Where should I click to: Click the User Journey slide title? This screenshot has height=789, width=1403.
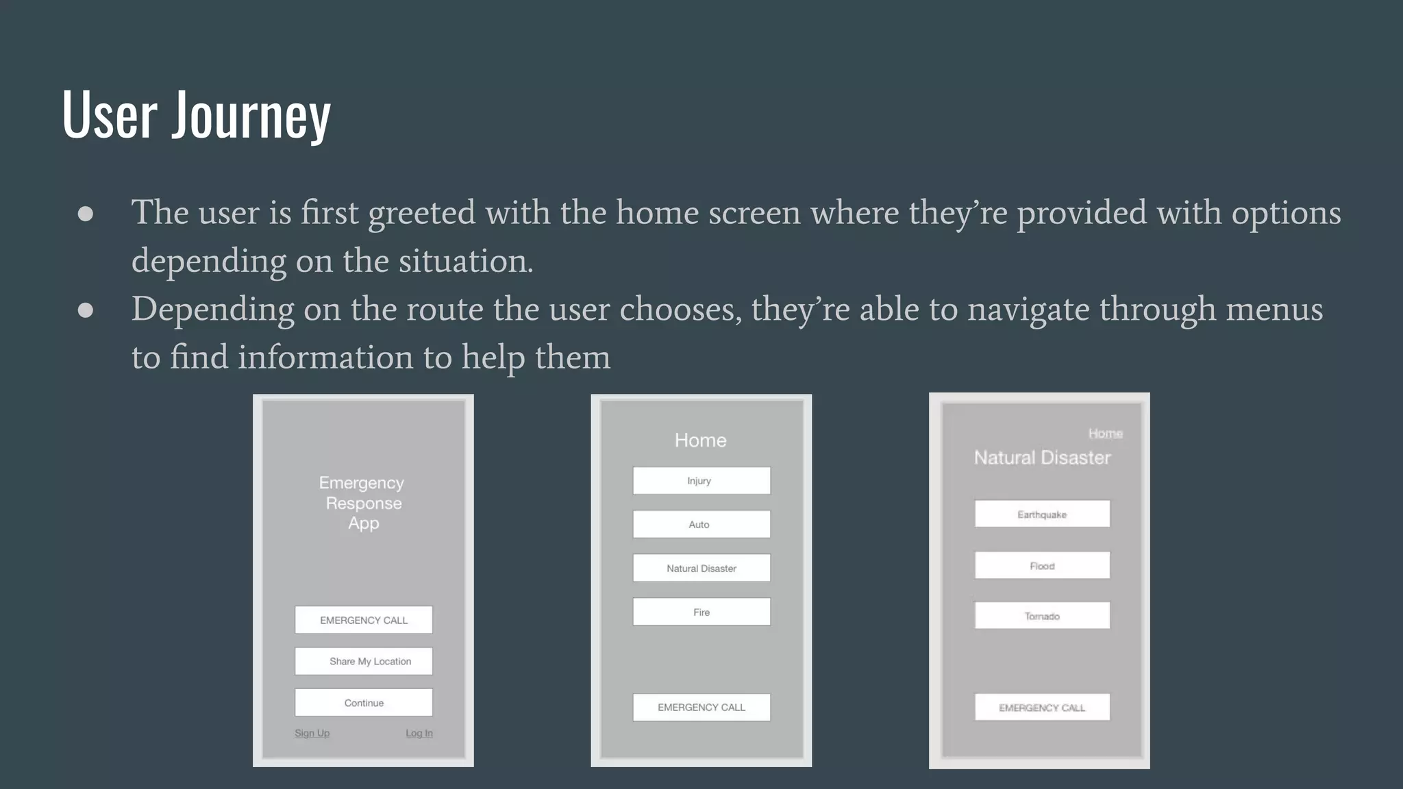point(196,114)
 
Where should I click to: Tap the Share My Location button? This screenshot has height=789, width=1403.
point(364,661)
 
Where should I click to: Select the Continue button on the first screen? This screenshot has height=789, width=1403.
point(364,703)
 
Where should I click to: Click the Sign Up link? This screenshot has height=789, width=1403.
point(312,733)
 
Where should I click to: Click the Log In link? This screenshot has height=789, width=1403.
point(419,733)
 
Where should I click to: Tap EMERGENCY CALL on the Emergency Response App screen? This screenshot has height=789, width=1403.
point(364,620)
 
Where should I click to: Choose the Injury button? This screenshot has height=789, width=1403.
point(701,481)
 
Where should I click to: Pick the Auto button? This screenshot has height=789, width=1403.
point(701,525)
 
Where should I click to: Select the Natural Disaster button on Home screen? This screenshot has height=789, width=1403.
point(701,568)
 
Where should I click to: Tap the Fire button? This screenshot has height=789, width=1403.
point(701,612)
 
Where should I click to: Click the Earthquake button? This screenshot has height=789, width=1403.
point(1042,514)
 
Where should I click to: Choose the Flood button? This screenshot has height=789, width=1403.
point(1042,566)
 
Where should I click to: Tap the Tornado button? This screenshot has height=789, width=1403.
point(1042,616)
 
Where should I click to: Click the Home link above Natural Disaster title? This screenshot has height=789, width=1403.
point(1105,434)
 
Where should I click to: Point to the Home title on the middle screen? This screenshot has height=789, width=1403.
point(700,440)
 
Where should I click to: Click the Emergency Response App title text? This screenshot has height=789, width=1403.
point(362,503)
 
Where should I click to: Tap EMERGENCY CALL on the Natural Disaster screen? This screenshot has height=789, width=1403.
point(1042,707)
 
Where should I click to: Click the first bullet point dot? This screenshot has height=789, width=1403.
point(86,214)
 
